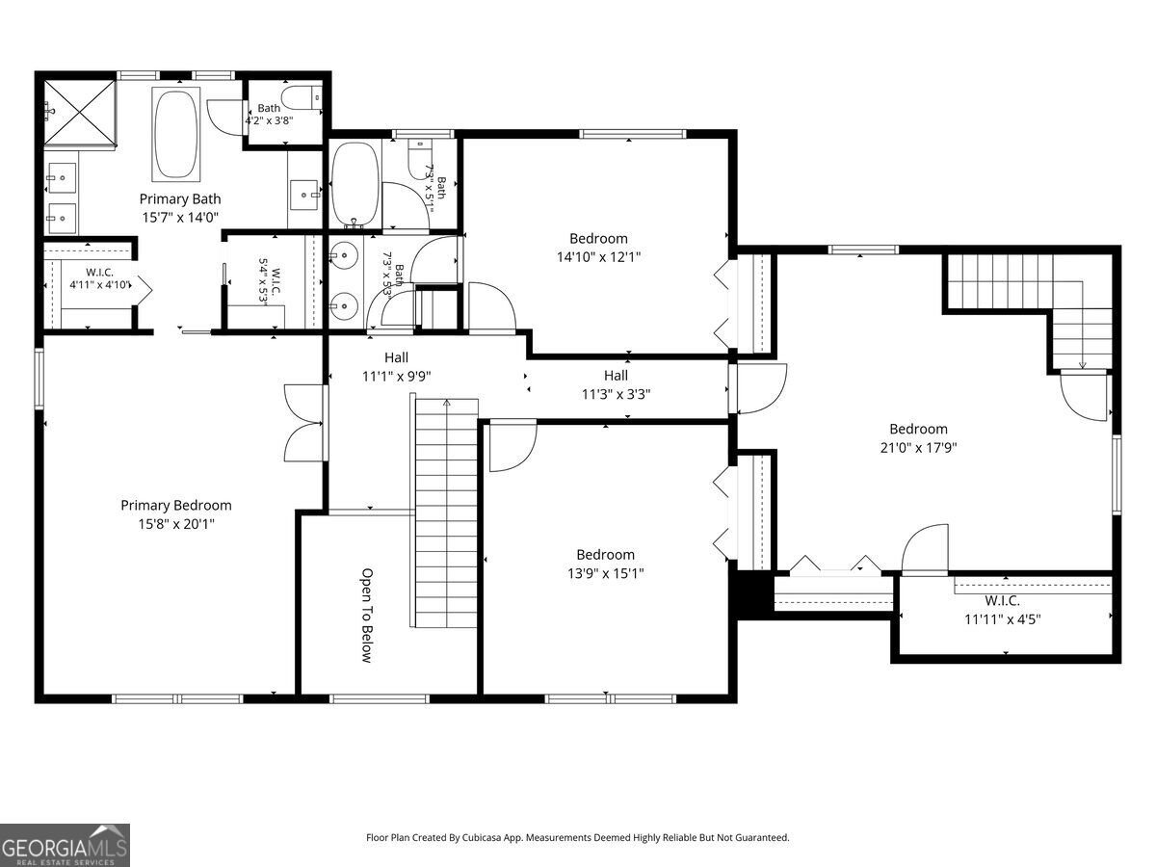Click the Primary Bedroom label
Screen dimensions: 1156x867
[x=176, y=506]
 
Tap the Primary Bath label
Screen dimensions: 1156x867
[x=180, y=199]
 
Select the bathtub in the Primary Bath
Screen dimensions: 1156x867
[x=176, y=134]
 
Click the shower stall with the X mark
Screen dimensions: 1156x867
[x=79, y=112]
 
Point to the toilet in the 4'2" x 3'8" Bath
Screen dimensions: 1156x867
[x=302, y=97]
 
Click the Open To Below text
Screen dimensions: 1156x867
[x=367, y=616]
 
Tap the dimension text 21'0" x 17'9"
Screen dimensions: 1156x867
[x=918, y=447]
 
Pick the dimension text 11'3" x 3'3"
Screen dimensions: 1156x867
[x=616, y=394]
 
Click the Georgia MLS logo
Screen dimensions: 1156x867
[x=65, y=845]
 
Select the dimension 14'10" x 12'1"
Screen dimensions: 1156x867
[x=599, y=257]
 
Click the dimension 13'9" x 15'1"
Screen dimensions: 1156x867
[x=606, y=573]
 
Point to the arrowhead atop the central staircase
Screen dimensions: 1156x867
[x=447, y=403]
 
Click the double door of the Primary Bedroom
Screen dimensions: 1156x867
[x=303, y=423]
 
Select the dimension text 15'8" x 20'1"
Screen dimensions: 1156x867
[x=176, y=524]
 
